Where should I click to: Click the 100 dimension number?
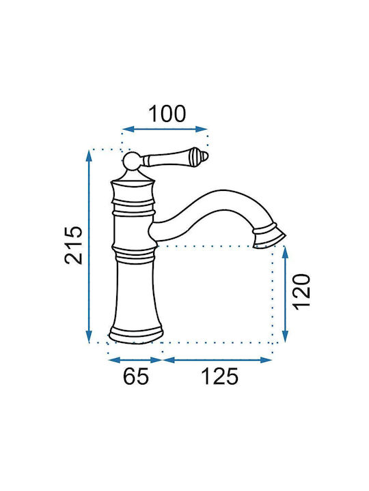tap(167, 114)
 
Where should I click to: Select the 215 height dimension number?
tap(74, 245)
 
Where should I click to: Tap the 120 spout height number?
tap(302, 292)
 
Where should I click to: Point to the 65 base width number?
tap(135, 376)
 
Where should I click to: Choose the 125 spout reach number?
tap(219, 376)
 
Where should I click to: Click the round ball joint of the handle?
tap(132, 162)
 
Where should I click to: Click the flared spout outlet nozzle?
tap(269, 237)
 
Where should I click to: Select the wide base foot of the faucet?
tap(136, 335)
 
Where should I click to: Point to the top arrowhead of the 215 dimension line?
tap(90, 155)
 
